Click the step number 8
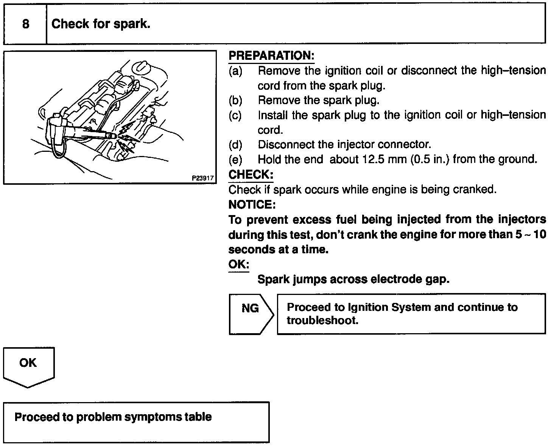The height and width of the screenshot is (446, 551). (x=25, y=24)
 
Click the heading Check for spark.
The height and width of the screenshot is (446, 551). (x=101, y=24)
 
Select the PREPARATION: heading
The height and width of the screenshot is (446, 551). (x=271, y=56)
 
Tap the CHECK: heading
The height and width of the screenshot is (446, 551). (x=251, y=175)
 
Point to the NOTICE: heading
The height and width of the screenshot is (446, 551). (x=252, y=205)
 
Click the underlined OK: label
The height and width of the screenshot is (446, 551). (x=238, y=264)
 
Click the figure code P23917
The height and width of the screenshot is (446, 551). (x=203, y=178)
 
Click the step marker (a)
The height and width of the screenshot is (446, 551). (x=235, y=71)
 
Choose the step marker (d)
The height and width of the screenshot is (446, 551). (x=235, y=145)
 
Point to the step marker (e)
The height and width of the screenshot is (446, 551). (x=235, y=159)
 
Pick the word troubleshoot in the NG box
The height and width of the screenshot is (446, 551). (x=322, y=320)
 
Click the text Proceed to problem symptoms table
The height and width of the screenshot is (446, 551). (x=113, y=417)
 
